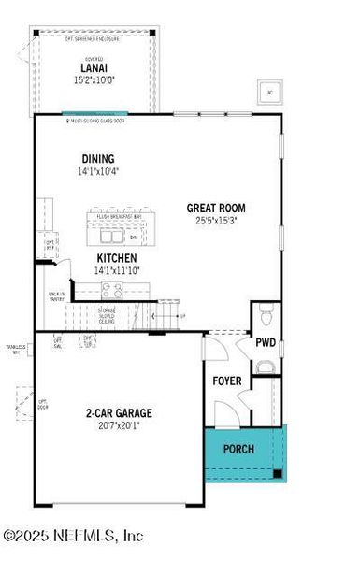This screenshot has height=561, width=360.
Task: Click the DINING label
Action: pos(98,160)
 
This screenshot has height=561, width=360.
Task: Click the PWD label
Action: pos(266,342)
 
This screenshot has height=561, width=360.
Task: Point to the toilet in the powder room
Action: pos(266,311)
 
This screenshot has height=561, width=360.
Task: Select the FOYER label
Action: pos(228,381)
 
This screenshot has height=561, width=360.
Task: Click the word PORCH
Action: pos(238,448)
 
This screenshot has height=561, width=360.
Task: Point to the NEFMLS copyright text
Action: pos(73,537)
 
